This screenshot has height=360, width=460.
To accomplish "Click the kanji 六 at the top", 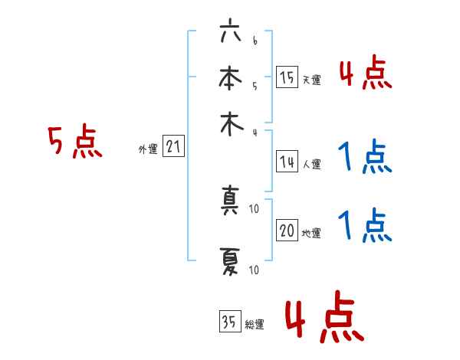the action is click(x=230, y=33).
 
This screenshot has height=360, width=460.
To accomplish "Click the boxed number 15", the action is click(x=287, y=77).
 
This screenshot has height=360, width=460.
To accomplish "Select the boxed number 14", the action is click(x=287, y=161).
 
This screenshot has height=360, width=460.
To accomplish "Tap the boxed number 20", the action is click(x=287, y=231).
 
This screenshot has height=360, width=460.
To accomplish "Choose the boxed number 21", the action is click(x=173, y=147).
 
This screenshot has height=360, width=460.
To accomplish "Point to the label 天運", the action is click(x=311, y=80).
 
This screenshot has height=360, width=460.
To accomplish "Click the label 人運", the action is click(x=311, y=164).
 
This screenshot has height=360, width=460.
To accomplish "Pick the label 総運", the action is click(x=255, y=325).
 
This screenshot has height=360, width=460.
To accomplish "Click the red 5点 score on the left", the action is click(x=74, y=142).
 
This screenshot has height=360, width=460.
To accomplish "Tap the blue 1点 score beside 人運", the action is click(x=365, y=159).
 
